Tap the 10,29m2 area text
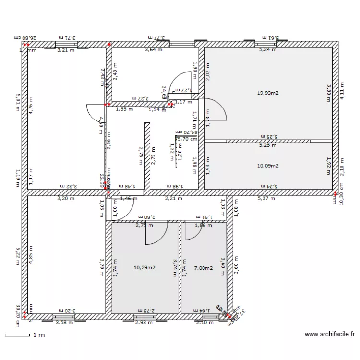[144, 268]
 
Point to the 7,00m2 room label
[203, 268]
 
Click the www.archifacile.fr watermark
[329, 334]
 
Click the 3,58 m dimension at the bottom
[64, 322]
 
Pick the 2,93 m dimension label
[144, 322]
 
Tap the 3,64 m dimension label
[154, 49]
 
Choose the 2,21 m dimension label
[173, 198]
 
